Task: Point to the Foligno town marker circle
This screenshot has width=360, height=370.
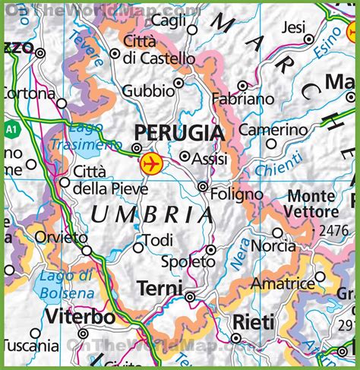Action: coord(203,186)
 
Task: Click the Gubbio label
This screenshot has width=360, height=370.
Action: coord(147,90)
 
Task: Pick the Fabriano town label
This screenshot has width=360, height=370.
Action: coord(244,100)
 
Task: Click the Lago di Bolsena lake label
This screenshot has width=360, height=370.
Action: coord(68,284)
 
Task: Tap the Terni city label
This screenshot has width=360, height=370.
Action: coord(159,289)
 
